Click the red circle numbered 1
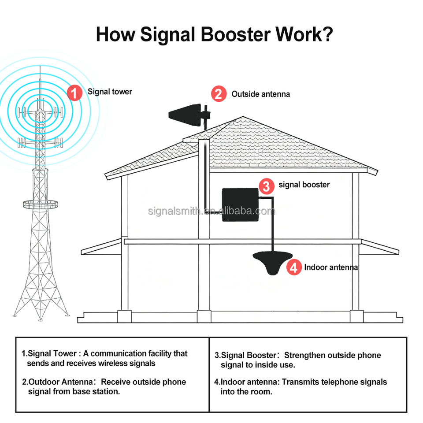pos(75,93)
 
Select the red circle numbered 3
pos(266,186)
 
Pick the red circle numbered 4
pos(294,267)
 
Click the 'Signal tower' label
pos(110,92)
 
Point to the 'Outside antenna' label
pos(260,94)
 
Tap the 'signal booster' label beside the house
pos(304,185)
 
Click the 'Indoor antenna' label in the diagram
pos(331,267)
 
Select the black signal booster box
pos(240,204)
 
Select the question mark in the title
pos(327,34)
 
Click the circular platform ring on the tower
pos(41,204)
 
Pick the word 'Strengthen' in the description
pos(304,355)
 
